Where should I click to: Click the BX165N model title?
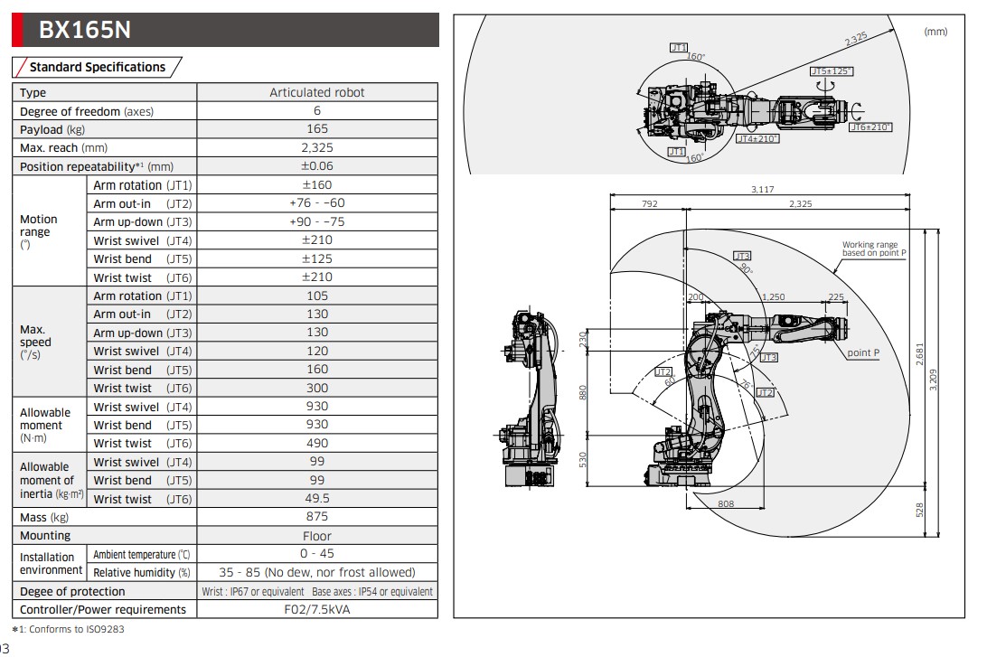pyautogui.click(x=84, y=30)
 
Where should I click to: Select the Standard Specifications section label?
pyautogui.click(x=98, y=67)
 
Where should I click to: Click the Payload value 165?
pyautogui.click(x=317, y=129)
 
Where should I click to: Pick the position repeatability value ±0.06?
pyautogui.click(x=317, y=166)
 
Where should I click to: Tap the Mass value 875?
pyautogui.click(x=317, y=518)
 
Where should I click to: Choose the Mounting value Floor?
pyautogui.click(x=317, y=536)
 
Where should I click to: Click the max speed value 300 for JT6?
pyautogui.click(x=317, y=388)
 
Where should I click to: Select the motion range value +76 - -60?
pyautogui.click(x=317, y=203)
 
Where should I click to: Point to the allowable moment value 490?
pyautogui.click(x=317, y=443)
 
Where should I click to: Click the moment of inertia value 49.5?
pyautogui.click(x=317, y=499)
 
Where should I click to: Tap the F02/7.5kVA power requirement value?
pyautogui.click(x=317, y=609)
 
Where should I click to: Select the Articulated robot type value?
pyautogui.click(x=317, y=92)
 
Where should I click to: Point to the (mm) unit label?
pyautogui.click(x=935, y=32)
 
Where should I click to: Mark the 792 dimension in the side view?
pyautogui.click(x=649, y=204)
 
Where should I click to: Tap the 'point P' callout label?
pyautogui.click(x=863, y=352)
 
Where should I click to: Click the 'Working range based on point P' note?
pyautogui.click(x=873, y=249)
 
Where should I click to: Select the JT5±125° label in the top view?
pyautogui.click(x=832, y=70)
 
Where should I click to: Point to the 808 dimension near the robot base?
pyautogui.click(x=725, y=503)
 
